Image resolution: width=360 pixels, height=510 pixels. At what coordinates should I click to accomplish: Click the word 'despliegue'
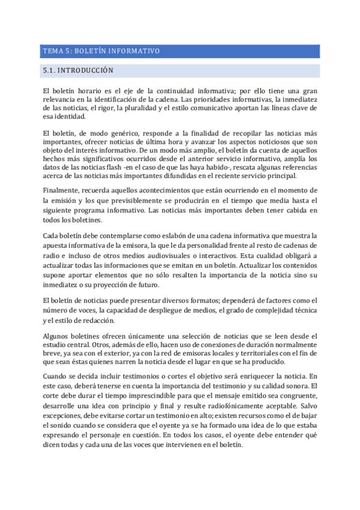(x=154, y=311)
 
